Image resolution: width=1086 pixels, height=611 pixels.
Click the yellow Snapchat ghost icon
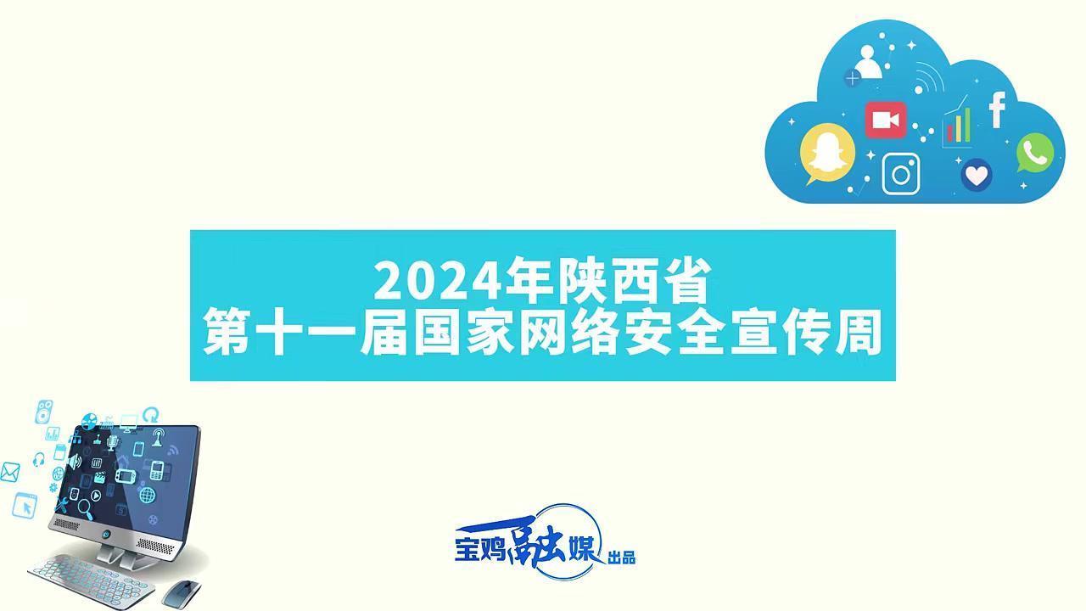[x=827, y=154]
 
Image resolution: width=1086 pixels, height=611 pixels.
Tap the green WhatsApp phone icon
[x=1035, y=154]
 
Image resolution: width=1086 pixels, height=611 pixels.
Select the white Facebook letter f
[x=998, y=110]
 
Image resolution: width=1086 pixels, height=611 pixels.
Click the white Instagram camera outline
[x=902, y=174]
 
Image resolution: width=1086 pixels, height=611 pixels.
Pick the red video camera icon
[x=886, y=121]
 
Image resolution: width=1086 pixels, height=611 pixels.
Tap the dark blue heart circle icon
[x=977, y=176]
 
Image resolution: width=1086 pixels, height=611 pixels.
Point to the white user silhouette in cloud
[x=867, y=61]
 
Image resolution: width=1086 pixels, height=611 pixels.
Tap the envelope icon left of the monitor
[x=9, y=472]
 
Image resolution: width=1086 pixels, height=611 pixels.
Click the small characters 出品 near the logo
[x=622, y=558]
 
